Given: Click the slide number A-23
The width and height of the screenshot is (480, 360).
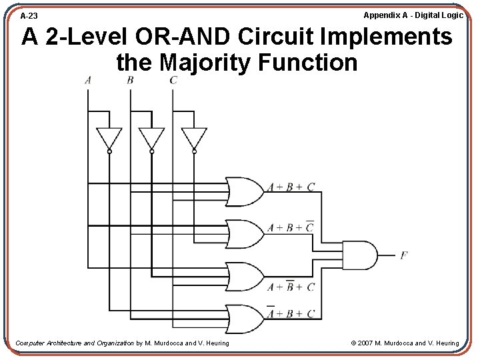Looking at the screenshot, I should point(29,15).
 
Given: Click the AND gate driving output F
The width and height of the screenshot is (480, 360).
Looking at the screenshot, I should point(358,255).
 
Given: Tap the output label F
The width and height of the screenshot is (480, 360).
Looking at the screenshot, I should point(404,255).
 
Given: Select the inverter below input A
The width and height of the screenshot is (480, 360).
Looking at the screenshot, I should point(109,139).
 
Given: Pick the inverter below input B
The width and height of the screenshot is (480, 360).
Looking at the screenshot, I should point(151,139).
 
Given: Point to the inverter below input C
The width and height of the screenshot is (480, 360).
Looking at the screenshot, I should point(194,139).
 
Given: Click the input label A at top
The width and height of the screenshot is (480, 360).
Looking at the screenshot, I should point(88,81).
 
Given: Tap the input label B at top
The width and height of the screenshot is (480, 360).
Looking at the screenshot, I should point(130,81).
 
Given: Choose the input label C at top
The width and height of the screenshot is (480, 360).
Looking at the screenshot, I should point(173,81).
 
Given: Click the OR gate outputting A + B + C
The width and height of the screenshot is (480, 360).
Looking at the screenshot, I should point(244,191).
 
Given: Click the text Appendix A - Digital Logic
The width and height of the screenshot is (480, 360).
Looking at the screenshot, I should point(413,15).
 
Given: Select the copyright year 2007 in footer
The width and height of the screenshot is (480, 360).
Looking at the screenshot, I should point(365,343).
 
